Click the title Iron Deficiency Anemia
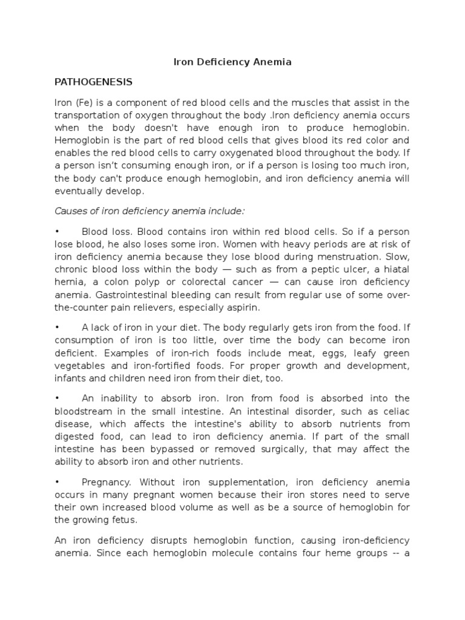click(232, 62)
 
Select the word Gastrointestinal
click(137, 295)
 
